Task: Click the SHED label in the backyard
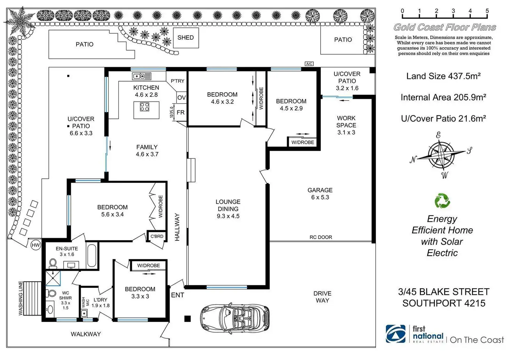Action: click(185, 38)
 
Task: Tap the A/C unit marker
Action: click(309, 64)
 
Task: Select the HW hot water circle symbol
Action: click(35, 245)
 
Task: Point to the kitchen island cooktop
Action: click(145, 107)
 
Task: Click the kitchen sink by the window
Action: click(142, 76)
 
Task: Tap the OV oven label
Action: click(181, 98)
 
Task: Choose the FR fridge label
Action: click(181, 113)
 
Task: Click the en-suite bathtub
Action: click(92, 256)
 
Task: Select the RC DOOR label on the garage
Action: click(321, 237)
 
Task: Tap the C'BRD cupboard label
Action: click(157, 236)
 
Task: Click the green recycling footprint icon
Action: click(442, 201)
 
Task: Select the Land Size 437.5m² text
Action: click(443, 76)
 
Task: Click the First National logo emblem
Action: click(395, 334)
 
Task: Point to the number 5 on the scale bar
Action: click(487, 11)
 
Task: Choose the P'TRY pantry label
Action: click(177, 81)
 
